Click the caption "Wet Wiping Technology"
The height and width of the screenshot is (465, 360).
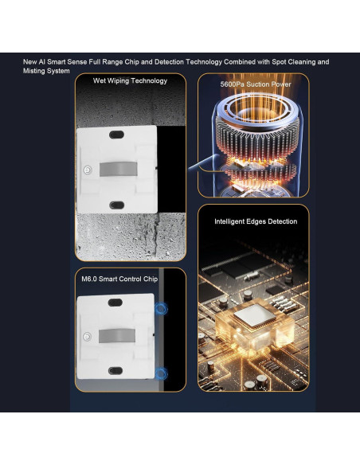click(130, 81)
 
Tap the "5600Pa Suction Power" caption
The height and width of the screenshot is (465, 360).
click(256, 84)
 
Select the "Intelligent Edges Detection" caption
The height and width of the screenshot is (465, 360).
click(256, 221)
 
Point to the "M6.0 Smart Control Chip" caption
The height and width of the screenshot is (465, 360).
click(119, 279)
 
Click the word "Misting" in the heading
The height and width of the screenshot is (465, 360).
click(33, 71)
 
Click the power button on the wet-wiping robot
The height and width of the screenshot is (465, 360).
click(88, 170)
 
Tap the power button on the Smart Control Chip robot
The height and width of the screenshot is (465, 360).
click(87, 337)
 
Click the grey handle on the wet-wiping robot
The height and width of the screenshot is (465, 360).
click(119, 169)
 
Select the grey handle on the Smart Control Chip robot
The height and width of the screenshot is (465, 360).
click(117, 335)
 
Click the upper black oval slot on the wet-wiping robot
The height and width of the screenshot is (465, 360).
click(116, 135)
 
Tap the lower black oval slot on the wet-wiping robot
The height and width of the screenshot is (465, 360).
click(117, 205)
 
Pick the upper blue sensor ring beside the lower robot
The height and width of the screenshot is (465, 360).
click(162, 308)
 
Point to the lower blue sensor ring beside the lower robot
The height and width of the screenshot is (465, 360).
click(162, 373)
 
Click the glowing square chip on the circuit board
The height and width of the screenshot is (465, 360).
click(255, 315)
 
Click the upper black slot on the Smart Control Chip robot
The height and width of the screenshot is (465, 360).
click(115, 303)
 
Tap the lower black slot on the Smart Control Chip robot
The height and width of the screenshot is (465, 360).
click(115, 370)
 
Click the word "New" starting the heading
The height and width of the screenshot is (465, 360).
click(29, 62)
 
